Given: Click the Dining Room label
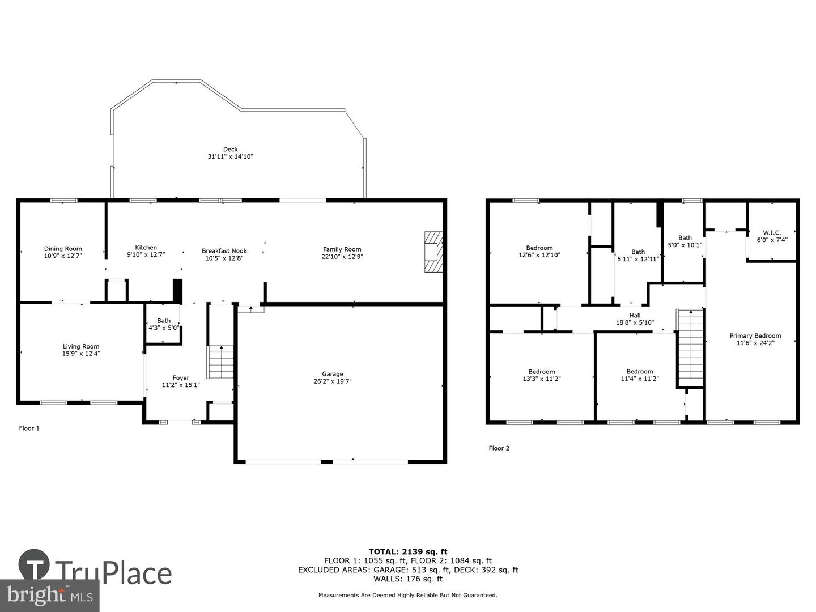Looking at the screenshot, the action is click(63, 249).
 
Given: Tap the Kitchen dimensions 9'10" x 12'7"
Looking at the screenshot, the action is click(146, 254).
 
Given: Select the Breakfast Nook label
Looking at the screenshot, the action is click(224, 251).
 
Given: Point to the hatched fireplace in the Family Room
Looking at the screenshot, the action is click(434, 252).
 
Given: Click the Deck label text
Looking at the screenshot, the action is click(231, 150).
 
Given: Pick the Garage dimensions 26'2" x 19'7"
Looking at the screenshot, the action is click(332, 381).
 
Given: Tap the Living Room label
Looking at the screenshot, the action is click(80, 346).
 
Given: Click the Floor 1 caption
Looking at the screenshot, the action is click(29, 428).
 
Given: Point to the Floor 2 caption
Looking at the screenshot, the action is click(499, 448).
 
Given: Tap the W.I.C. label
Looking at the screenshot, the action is click(772, 232).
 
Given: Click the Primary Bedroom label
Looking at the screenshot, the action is click(755, 335).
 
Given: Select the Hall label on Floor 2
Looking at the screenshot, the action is click(635, 315).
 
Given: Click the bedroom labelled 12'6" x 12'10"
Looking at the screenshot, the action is click(539, 251).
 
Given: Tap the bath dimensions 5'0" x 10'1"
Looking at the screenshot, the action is click(685, 245).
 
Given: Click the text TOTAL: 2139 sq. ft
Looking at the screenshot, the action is click(408, 551).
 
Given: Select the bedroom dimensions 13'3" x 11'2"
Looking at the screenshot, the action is click(541, 379).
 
